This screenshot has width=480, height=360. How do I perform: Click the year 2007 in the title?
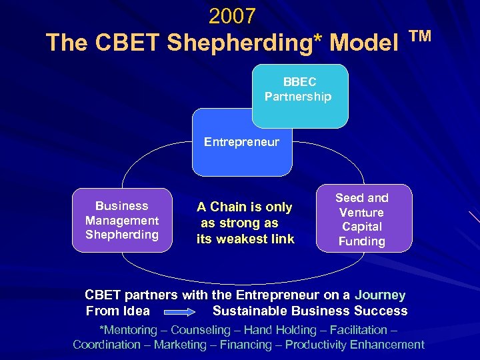tap(232, 15)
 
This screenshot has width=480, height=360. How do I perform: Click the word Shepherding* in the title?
tap(243, 43)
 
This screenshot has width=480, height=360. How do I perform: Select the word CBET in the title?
tap(129, 43)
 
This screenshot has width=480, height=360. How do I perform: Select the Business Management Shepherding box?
tap(122, 220)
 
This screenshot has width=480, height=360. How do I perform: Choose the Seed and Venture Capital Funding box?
tap(362, 219)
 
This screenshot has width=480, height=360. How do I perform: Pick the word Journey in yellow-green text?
tap(380, 295)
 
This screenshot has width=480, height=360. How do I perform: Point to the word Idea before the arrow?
tap(136, 311)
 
